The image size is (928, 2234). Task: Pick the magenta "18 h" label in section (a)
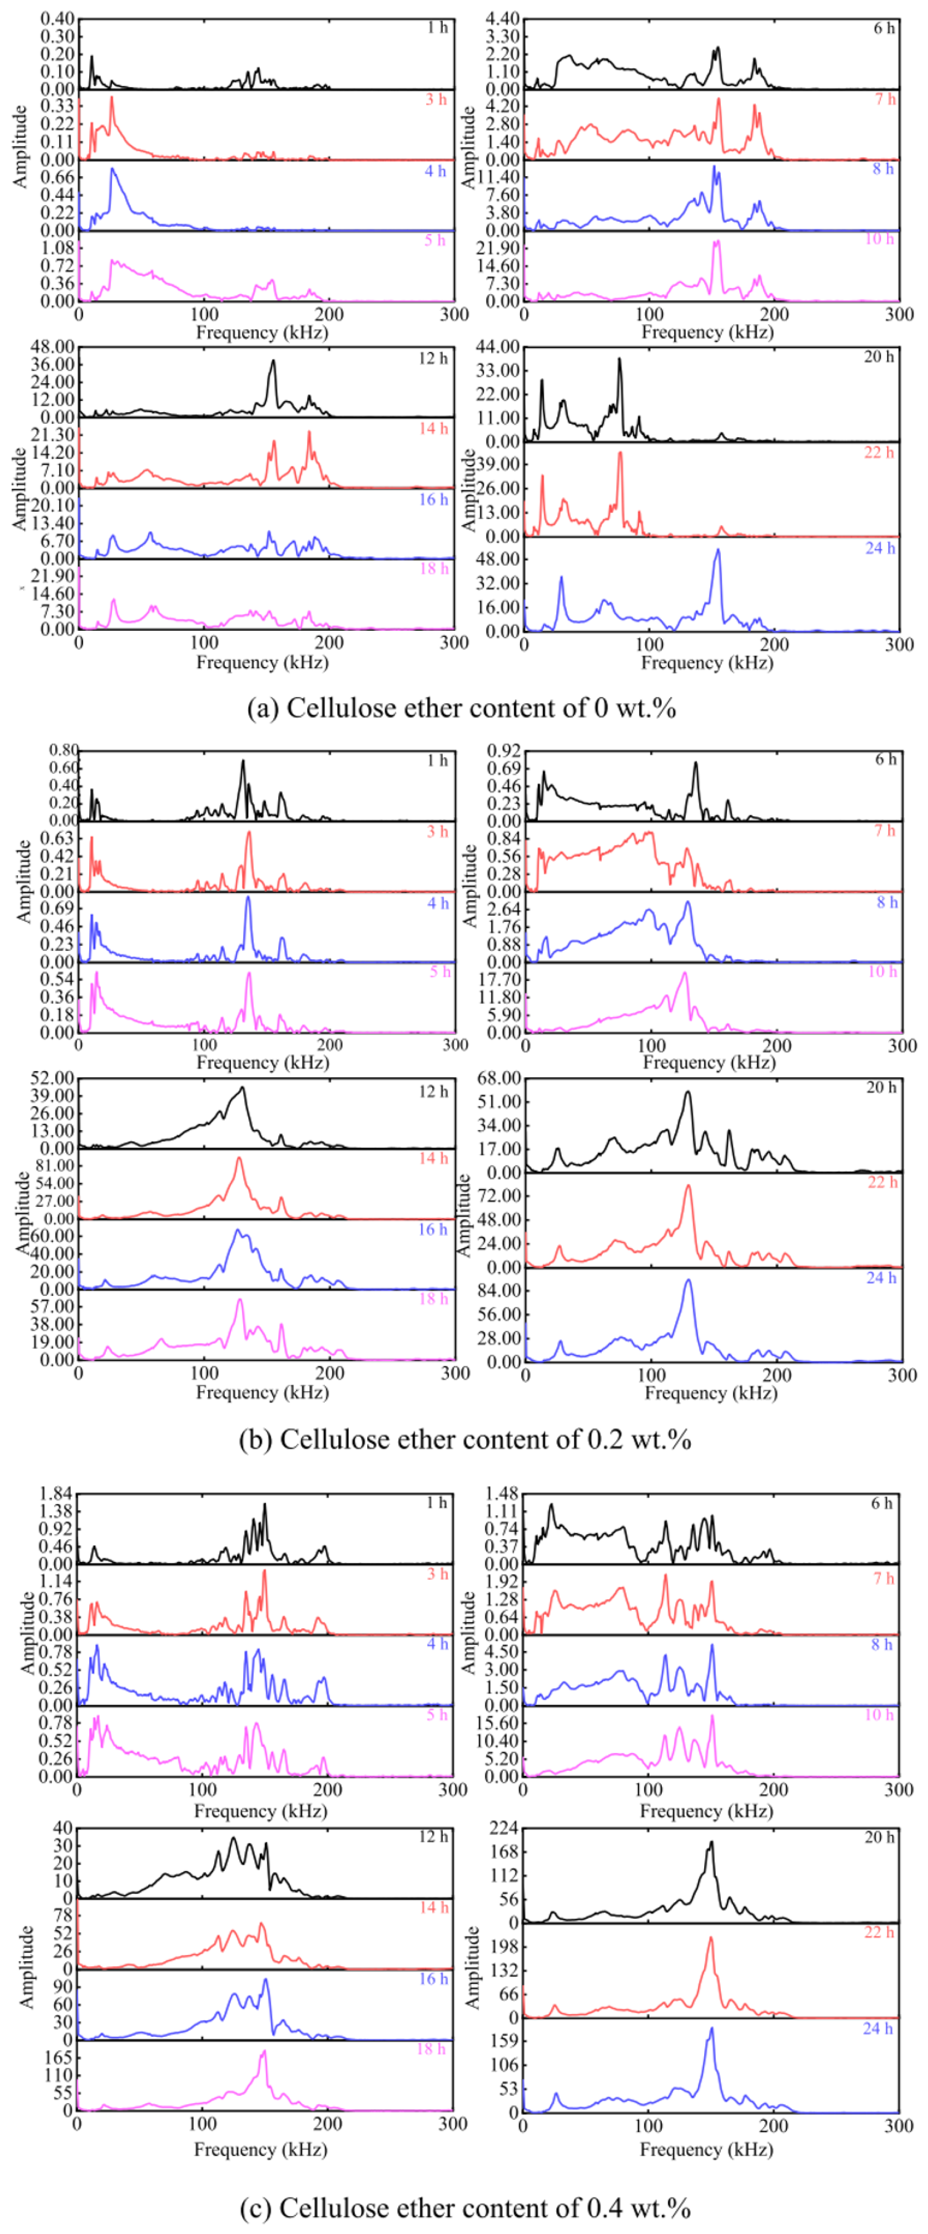tap(434, 569)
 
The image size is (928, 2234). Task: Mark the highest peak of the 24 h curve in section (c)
tap(711, 2029)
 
